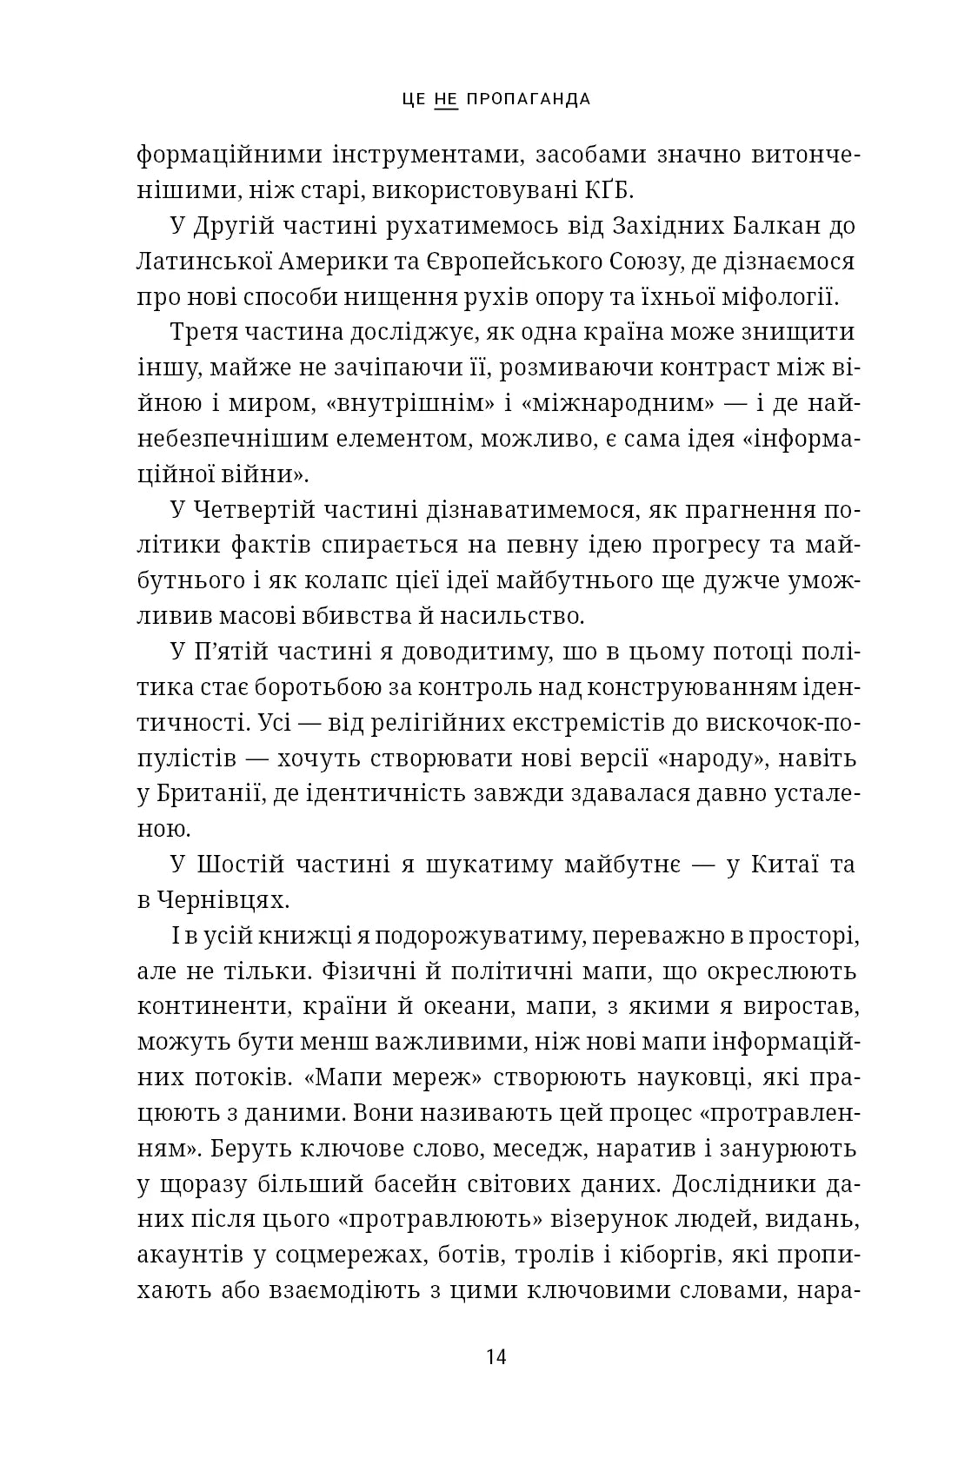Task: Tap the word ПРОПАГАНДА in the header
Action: pos(529,99)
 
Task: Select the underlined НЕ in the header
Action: pos(445,99)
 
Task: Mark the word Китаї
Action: pos(781,865)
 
